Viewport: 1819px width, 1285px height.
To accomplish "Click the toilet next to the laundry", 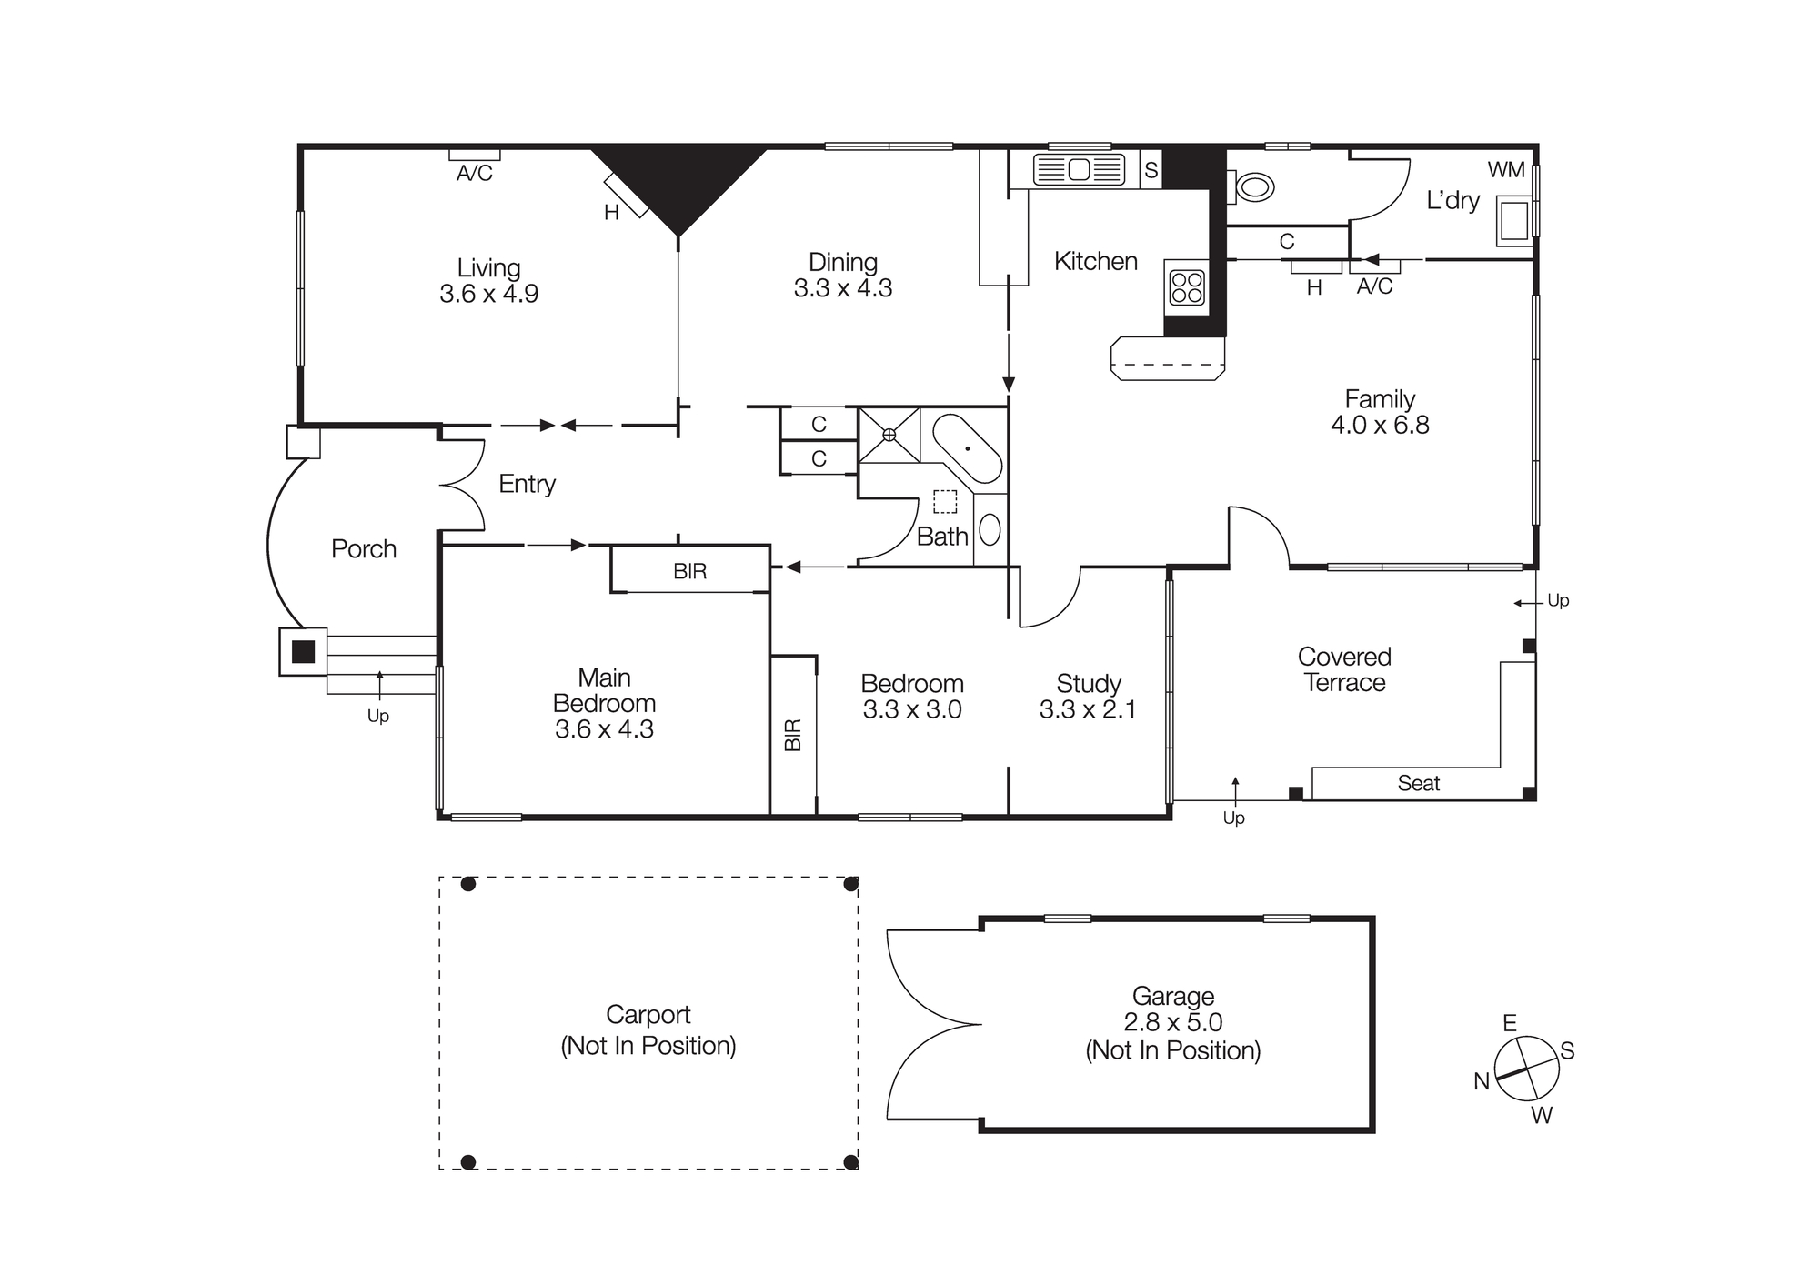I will point(1252,188).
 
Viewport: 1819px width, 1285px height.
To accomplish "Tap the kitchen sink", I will point(1079,170).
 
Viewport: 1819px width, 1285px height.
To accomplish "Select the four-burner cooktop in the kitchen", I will point(1187,287).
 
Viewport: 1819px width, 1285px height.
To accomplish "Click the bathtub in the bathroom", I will point(967,449).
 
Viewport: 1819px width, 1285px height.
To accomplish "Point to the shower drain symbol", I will point(889,435).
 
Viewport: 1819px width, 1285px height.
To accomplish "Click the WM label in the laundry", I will point(1506,170).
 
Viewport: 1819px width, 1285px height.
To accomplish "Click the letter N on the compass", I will point(1482,1081).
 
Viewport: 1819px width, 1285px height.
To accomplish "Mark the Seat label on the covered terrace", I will point(1418,783).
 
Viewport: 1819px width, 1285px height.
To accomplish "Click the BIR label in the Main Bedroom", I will point(689,571).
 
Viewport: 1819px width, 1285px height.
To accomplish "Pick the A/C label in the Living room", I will point(474,174).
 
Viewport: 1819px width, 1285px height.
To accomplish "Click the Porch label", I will point(364,549).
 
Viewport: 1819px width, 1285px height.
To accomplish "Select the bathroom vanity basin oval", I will point(990,529).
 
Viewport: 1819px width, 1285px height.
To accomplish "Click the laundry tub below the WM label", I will point(1514,222).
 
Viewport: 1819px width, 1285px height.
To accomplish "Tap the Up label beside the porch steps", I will point(377,716).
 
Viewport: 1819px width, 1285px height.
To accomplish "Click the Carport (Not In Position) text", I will point(648,1030).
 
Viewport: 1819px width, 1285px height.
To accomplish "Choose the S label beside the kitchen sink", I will point(1151,170).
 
